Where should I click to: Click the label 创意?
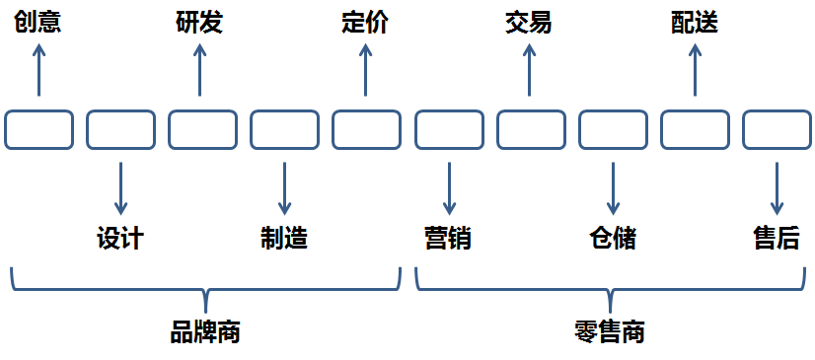coord(37,23)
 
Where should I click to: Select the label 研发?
coord(199,23)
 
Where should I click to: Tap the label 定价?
coord(365,23)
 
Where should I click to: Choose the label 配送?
coord(694,23)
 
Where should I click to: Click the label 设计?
coord(120,239)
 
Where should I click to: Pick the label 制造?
coord(284,239)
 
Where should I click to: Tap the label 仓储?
coord(613,239)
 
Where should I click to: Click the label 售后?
coord(776,239)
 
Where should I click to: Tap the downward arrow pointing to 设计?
coord(120,187)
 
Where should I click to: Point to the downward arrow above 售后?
coord(776,187)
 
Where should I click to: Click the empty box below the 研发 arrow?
coord(202,130)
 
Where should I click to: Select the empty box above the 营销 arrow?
coord(448,130)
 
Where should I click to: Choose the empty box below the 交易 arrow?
coord(530,130)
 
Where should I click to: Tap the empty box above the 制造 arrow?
coord(284,130)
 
